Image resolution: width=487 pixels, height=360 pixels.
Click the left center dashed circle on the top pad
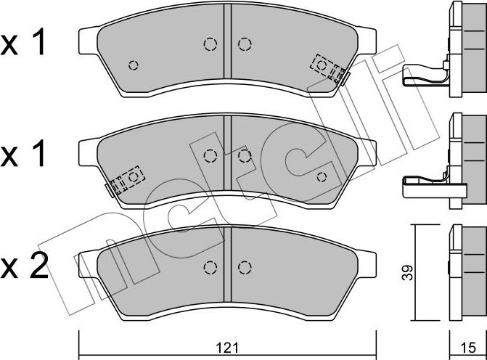pos(210,45)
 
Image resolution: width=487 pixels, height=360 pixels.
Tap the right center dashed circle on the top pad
pos(245,45)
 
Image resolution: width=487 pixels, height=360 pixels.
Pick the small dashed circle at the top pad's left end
pos(133,65)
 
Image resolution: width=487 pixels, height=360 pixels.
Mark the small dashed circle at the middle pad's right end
pos(322,176)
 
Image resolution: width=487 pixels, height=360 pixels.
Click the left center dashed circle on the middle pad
pos(210,155)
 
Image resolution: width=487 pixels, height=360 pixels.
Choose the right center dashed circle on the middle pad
pos(245,155)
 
